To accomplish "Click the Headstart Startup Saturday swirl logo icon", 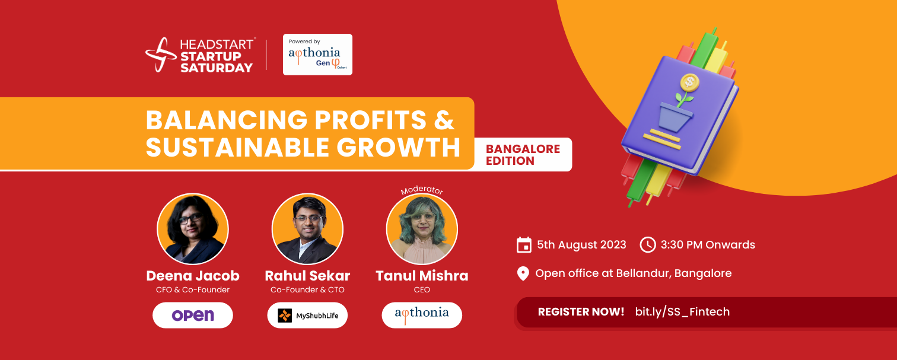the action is tap(161, 55).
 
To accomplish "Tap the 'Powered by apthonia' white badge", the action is tap(317, 55).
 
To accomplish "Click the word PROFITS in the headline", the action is tap(370, 120).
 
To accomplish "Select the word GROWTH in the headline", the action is tap(399, 147).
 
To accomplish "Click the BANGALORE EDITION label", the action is tap(523, 155).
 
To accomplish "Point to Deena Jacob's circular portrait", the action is tap(193, 229).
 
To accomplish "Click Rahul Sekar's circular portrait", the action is tap(307, 229).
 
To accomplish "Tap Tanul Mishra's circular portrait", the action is tap(422, 229).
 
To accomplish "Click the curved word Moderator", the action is tap(422, 190).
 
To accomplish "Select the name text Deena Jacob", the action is tap(193, 276).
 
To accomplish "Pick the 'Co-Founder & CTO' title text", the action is tap(307, 289).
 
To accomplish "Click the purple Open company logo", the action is tap(193, 316).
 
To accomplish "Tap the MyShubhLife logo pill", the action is tap(307, 316).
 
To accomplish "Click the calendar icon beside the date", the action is tap(524, 245).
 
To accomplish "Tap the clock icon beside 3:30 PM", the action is tap(647, 245).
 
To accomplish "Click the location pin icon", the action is tap(523, 274).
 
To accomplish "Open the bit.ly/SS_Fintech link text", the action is tap(682, 311).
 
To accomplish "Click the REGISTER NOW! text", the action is tap(581, 311).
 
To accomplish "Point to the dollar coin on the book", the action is tap(689, 82).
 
